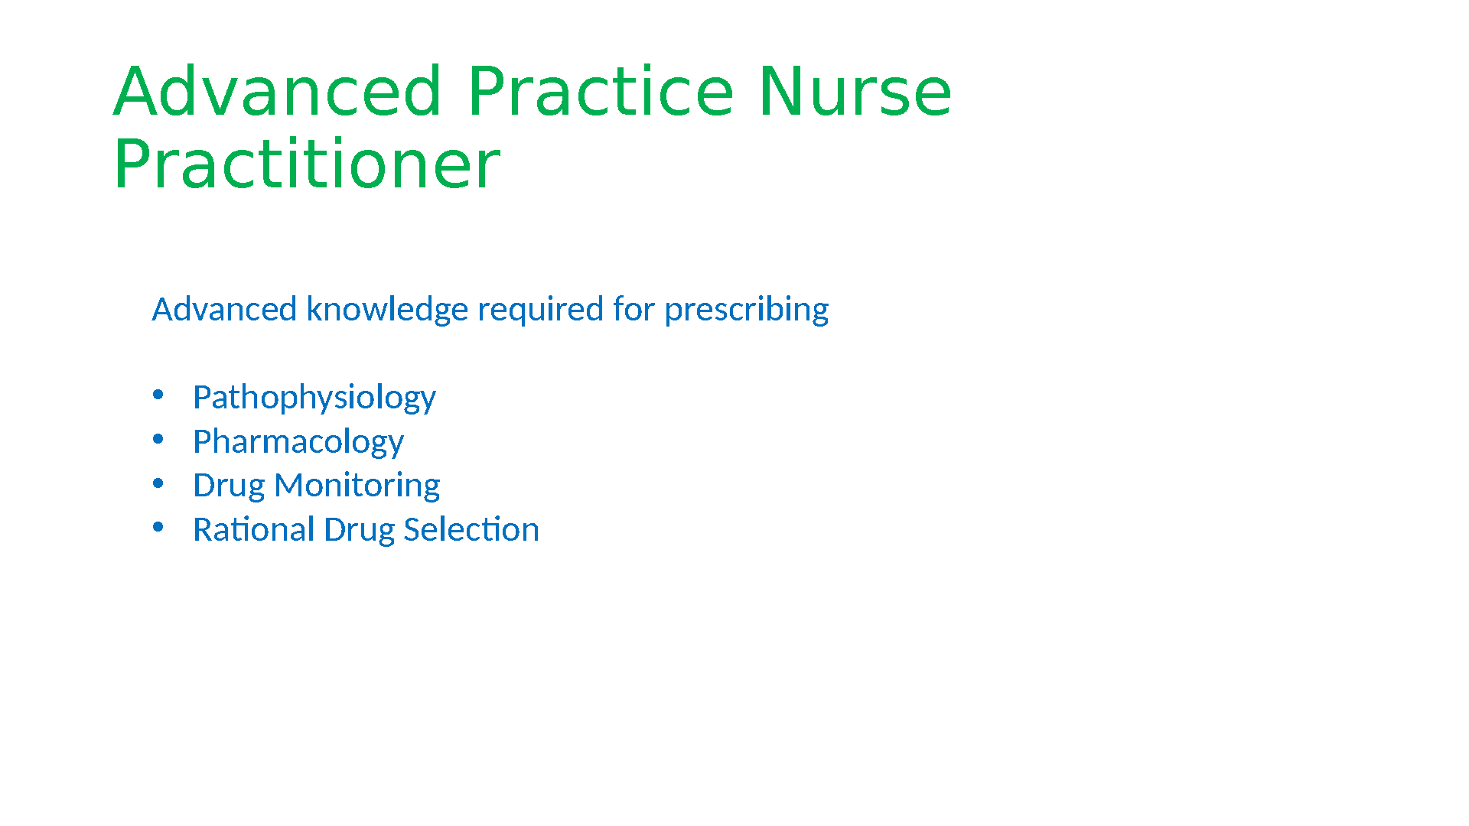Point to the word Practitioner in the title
tap(307, 164)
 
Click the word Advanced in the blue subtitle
tap(224, 309)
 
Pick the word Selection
tap(472, 529)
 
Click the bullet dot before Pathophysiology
tap(158, 395)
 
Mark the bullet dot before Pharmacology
tap(158, 439)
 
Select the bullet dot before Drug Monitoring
tap(158, 483)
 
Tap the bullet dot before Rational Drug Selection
tap(158, 527)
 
